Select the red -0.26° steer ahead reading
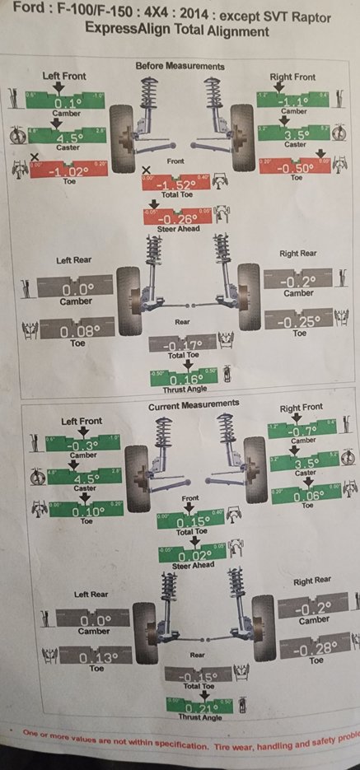click(x=178, y=219)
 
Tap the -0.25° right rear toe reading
click(x=299, y=321)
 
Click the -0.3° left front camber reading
click(x=82, y=445)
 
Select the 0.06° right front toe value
click(x=305, y=495)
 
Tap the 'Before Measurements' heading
click(x=179, y=66)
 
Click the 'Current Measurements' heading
click(x=194, y=405)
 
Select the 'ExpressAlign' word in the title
click(x=123, y=31)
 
